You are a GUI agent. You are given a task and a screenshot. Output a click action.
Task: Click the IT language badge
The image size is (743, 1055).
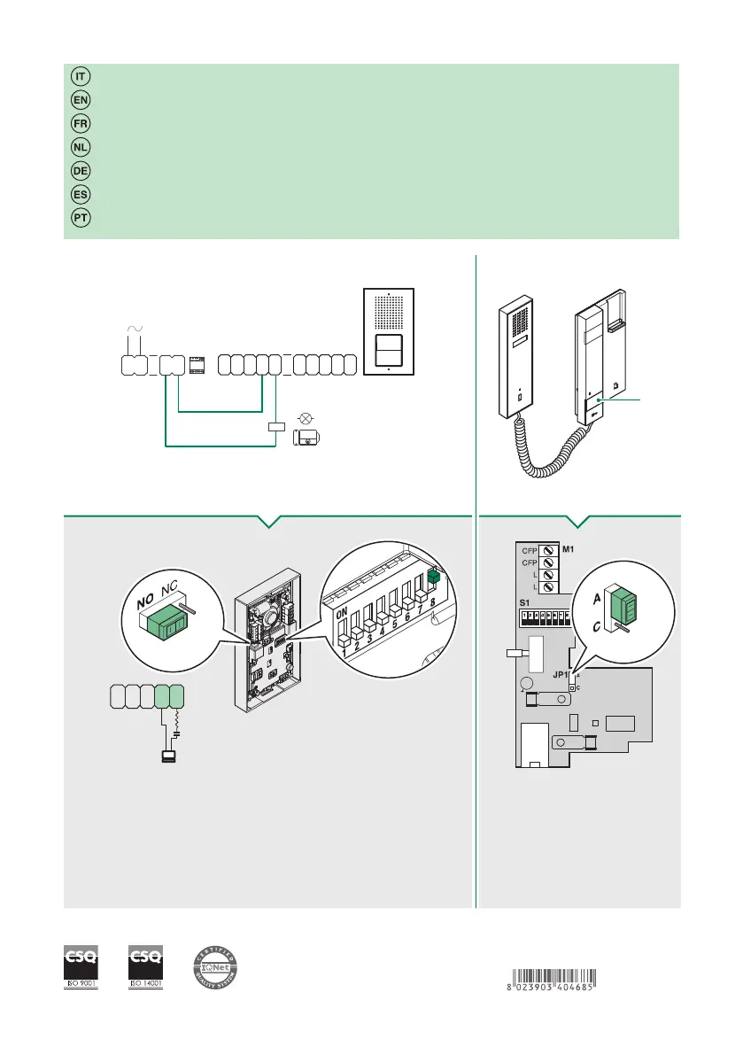[79, 76]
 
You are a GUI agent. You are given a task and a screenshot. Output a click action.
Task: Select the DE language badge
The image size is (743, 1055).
[79, 169]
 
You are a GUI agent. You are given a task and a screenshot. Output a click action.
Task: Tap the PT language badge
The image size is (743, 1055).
[79, 216]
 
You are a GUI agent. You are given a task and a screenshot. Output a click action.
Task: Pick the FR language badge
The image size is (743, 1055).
[79, 122]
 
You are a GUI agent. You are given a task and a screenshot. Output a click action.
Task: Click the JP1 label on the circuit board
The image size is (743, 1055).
[561, 674]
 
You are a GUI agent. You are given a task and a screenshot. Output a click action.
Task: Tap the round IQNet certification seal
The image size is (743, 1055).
[217, 968]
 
